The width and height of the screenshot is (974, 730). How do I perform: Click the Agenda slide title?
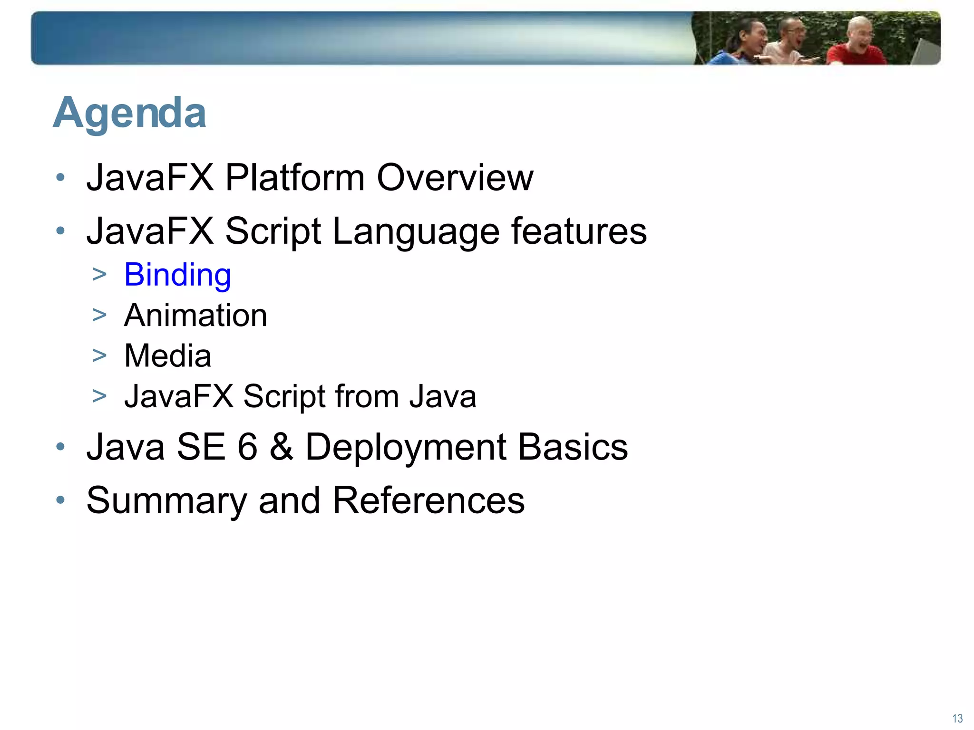pyautogui.click(x=129, y=113)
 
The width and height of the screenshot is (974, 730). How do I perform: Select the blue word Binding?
pyautogui.click(x=177, y=275)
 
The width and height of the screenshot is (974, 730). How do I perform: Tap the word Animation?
pyautogui.click(x=195, y=316)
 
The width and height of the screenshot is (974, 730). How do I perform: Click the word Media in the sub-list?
pyautogui.click(x=167, y=356)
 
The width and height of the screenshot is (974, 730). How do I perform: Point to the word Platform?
pyautogui.click(x=294, y=178)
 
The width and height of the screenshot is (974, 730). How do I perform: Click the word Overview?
pyautogui.click(x=455, y=178)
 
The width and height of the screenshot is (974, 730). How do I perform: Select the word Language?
pyautogui.click(x=416, y=231)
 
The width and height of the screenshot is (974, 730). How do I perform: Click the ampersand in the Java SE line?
pyautogui.click(x=281, y=447)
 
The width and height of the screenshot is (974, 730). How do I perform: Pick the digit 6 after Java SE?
pyautogui.click(x=247, y=447)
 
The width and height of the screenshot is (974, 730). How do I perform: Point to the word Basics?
pyautogui.click(x=573, y=447)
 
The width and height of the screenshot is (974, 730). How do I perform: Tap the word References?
pyautogui.click(x=428, y=501)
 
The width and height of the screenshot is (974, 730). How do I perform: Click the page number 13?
pyautogui.click(x=957, y=718)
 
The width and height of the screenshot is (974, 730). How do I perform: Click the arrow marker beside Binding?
pyautogui.click(x=99, y=274)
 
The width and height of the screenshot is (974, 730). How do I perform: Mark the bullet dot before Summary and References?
pyautogui.click(x=60, y=500)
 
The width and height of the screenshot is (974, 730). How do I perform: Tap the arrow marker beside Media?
pyautogui.click(x=99, y=355)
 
